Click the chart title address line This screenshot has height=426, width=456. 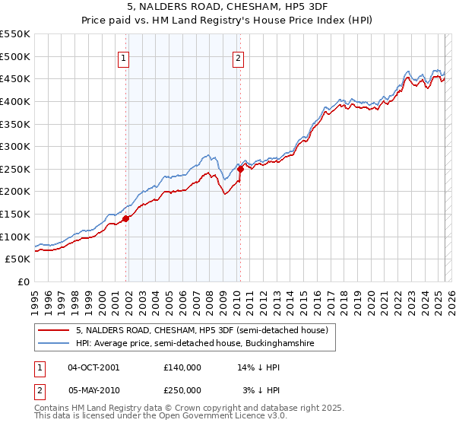coord(229,8)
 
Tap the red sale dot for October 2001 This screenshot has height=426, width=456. coord(126,218)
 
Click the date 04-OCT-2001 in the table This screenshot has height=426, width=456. coord(93,367)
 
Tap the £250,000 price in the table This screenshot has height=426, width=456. coord(182,389)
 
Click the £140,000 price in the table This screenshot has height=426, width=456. coord(182,367)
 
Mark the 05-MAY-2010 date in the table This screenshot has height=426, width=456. coord(93,389)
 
